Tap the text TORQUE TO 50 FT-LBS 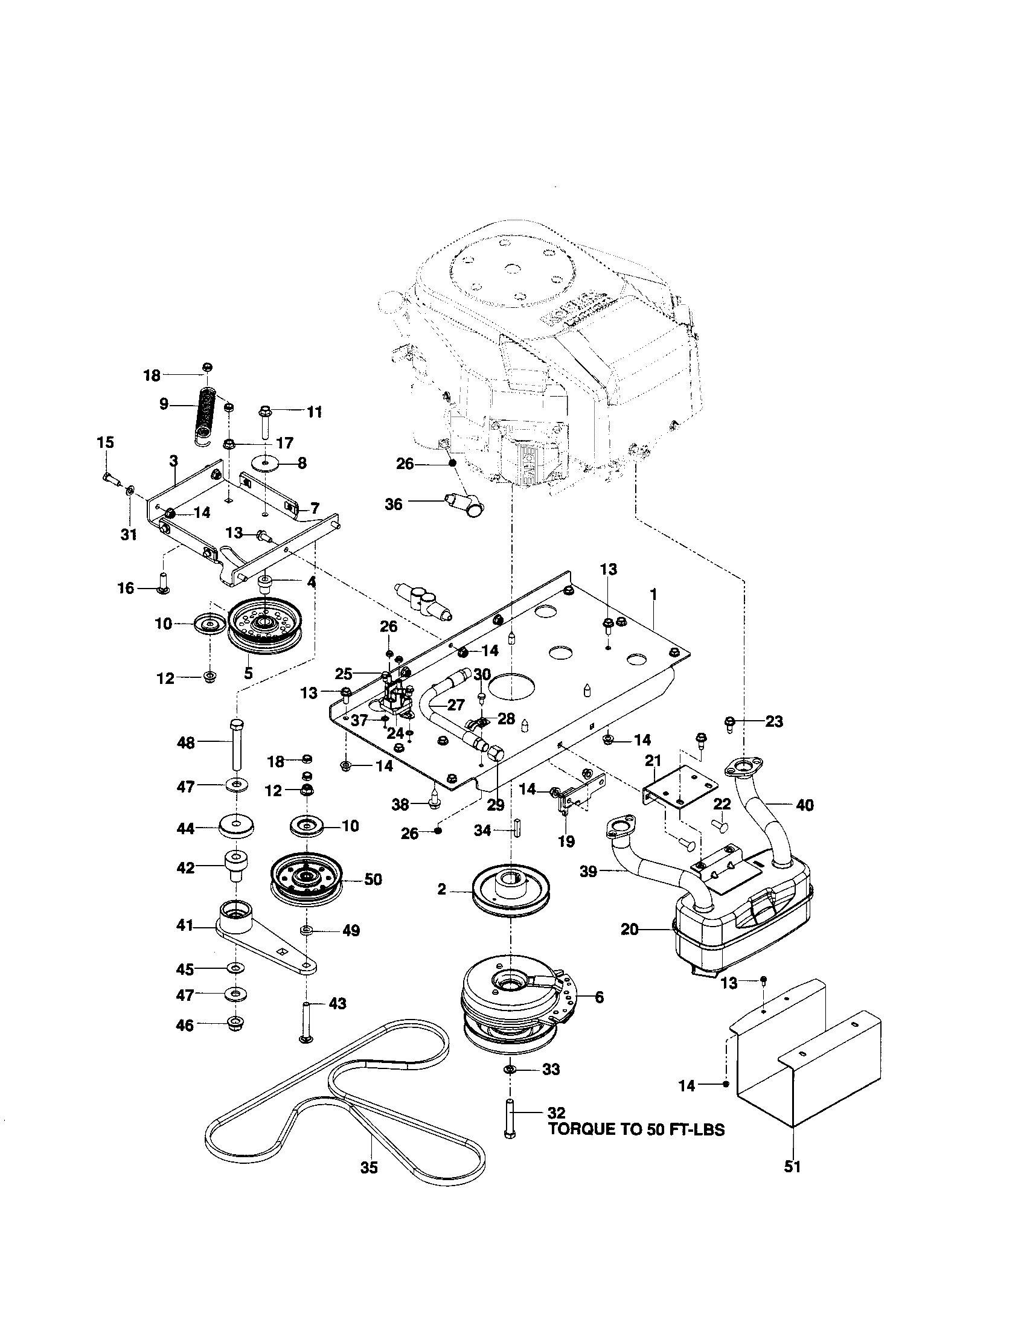636,1130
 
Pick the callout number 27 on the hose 456,704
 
